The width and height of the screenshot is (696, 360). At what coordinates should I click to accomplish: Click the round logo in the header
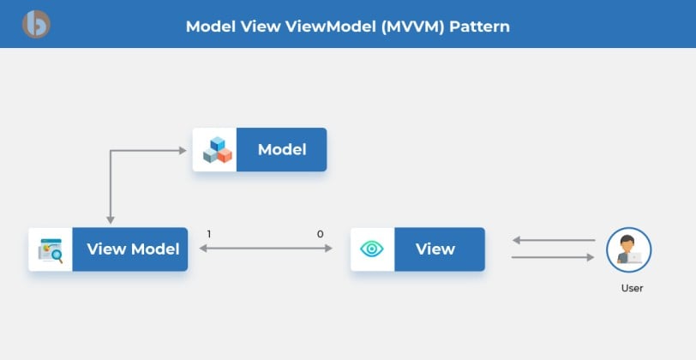[36, 24]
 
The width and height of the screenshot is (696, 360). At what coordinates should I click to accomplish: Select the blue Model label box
[281, 150]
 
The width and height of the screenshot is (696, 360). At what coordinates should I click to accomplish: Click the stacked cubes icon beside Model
[217, 150]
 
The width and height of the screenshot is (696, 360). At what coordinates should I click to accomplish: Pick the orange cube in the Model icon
[225, 155]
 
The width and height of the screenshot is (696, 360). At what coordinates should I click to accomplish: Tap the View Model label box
[130, 249]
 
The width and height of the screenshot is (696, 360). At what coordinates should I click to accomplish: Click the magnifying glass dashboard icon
[51, 250]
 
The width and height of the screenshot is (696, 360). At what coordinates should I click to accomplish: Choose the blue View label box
[440, 249]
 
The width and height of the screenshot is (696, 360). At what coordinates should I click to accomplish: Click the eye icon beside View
[372, 249]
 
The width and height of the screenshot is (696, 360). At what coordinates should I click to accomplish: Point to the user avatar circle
[628, 250]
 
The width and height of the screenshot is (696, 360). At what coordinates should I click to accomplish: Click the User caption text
[632, 288]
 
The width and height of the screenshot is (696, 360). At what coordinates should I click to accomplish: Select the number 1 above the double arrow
[209, 234]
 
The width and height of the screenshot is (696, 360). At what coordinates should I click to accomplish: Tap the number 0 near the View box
[320, 234]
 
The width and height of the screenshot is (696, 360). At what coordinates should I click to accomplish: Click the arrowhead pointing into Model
[183, 151]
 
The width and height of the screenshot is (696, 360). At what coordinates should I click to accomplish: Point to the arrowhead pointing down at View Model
[111, 219]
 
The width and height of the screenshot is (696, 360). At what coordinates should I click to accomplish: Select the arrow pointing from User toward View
[554, 240]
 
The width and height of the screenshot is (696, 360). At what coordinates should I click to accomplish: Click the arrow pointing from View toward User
[553, 257]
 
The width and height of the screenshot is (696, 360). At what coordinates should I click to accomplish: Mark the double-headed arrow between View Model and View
[266, 249]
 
